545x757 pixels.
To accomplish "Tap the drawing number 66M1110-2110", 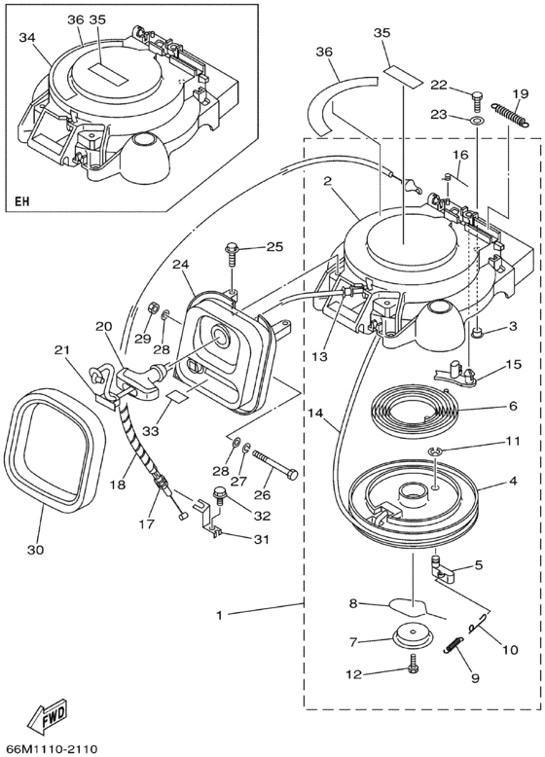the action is coord(50,749).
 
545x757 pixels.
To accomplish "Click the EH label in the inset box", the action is coord(21,200).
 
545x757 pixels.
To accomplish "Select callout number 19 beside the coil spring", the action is coord(522,92).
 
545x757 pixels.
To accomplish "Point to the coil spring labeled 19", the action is coord(510,116).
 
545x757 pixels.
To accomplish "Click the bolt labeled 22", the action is coord(476,102).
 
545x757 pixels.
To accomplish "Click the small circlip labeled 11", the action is coord(435,451).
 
